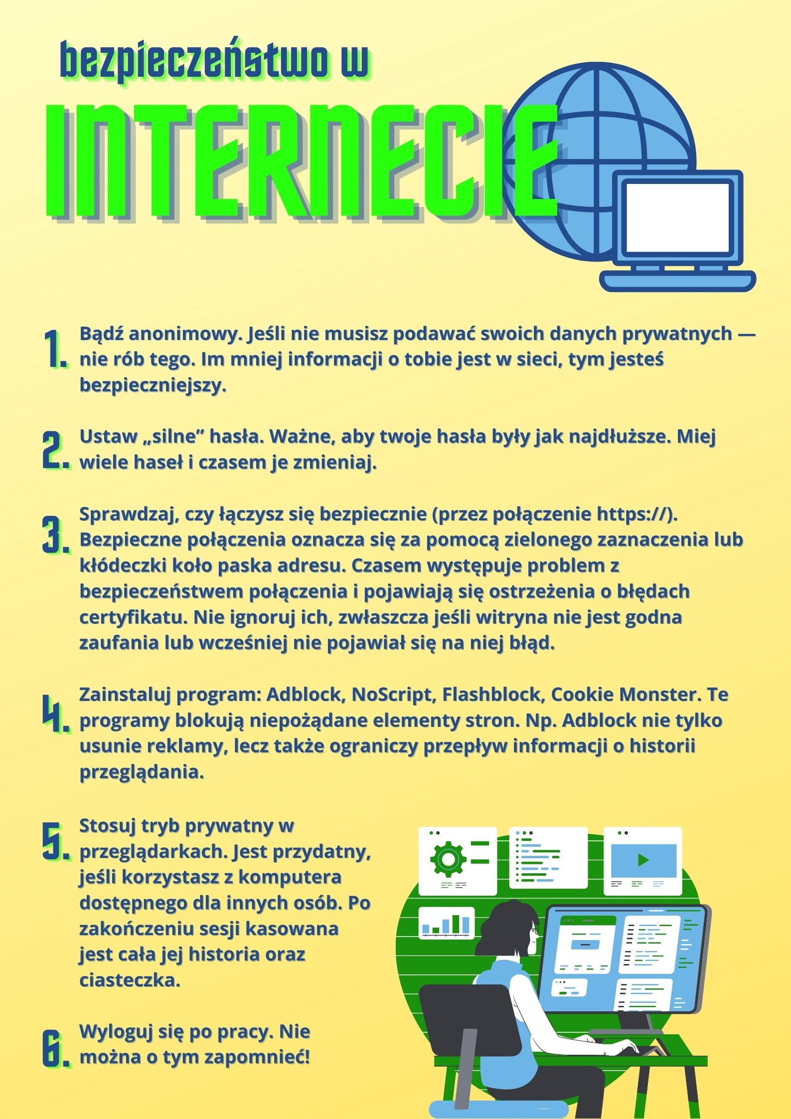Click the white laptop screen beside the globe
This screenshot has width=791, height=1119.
677,217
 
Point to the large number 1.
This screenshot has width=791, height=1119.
55,349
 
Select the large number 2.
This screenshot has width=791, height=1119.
56,450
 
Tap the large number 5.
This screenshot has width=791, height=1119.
56,841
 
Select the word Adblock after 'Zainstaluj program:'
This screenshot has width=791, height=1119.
306,694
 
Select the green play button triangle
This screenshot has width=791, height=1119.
643,860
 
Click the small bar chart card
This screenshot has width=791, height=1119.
446,923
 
